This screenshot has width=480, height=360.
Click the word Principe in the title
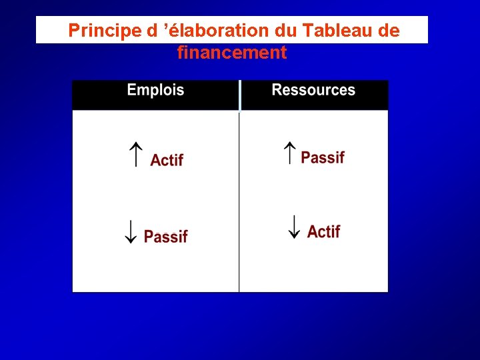click(99, 31)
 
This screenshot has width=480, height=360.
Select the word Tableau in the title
click(333, 31)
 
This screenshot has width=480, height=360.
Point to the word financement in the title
click(232, 52)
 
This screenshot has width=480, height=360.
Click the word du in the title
click(287, 31)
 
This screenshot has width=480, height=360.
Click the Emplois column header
click(155, 90)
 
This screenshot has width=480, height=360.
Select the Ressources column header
click(313, 90)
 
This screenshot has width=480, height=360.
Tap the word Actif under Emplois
click(167, 160)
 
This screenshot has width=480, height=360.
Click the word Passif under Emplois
click(165, 237)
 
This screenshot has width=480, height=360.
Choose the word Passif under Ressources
click(323, 157)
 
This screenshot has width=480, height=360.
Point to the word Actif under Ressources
click(324, 231)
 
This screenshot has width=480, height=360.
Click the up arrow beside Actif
click(135, 155)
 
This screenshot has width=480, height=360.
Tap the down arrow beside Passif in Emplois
click(131, 230)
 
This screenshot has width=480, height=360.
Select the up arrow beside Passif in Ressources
click(290, 153)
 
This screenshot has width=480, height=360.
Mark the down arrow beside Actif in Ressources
click(293, 227)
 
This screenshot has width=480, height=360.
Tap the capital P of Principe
click(73, 31)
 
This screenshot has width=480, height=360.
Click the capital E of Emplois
click(131, 90)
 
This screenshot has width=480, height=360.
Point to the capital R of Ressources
click(277, 90)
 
